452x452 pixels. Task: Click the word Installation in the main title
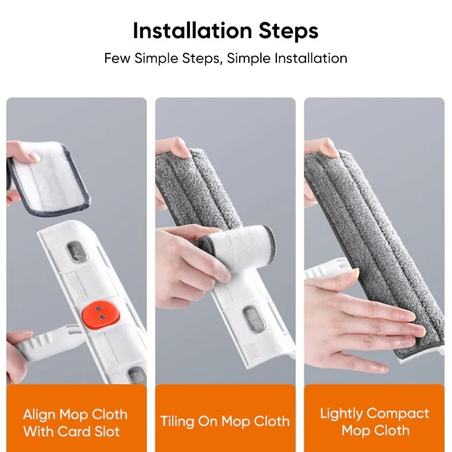(x=193, y=30)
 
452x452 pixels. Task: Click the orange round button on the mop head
(x=100, y=314)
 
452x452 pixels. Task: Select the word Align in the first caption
(x=39, y=415)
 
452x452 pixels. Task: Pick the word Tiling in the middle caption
(x=177, y=422)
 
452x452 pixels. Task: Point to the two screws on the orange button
(x=100, y=313)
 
